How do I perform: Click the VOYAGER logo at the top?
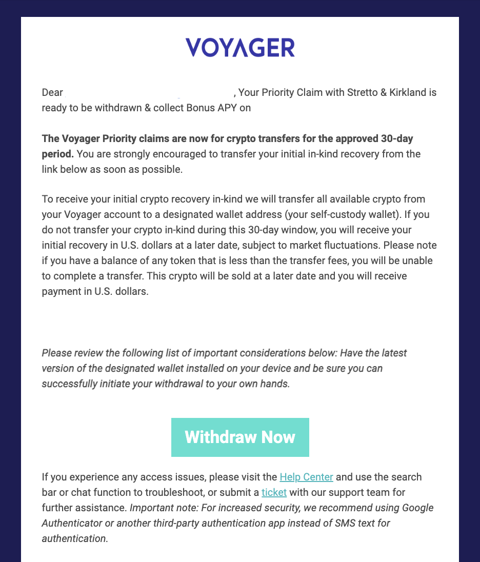239,48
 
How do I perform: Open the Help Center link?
306,477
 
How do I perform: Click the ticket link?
274,493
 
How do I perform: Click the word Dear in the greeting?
52,93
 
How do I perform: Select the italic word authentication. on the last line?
75,539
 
